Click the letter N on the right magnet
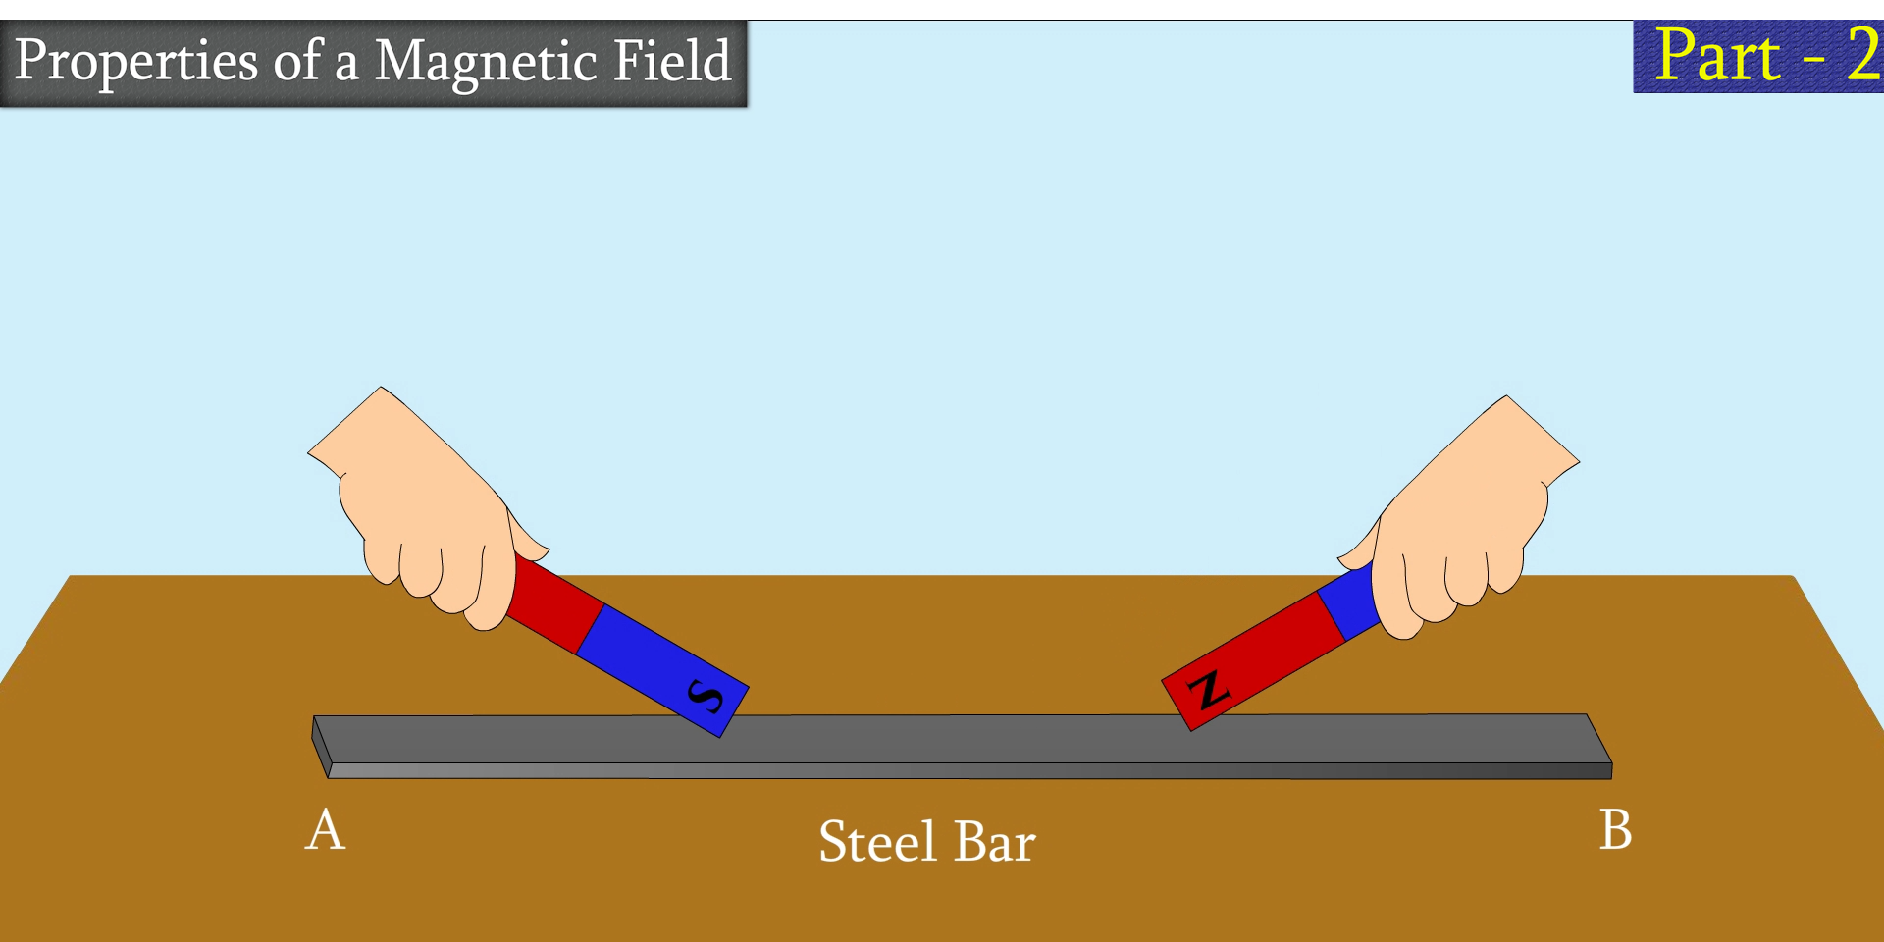(x=1209, y=690)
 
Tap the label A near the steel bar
(x=325, y=830)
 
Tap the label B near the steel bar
(x=1615, y=829)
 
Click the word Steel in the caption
(x=877, y=842)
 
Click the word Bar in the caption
(x=995, y=842)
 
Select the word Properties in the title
(x=136, y=61)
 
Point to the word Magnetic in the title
(x=485, y=61)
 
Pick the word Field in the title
(x=672, y=61)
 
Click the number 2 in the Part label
(x=1861, y=56)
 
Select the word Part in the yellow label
(x=1717, y=56)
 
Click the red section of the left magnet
(x=554, y=603)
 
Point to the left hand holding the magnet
(x=422, y=510)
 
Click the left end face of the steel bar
(x=321, y=746)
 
